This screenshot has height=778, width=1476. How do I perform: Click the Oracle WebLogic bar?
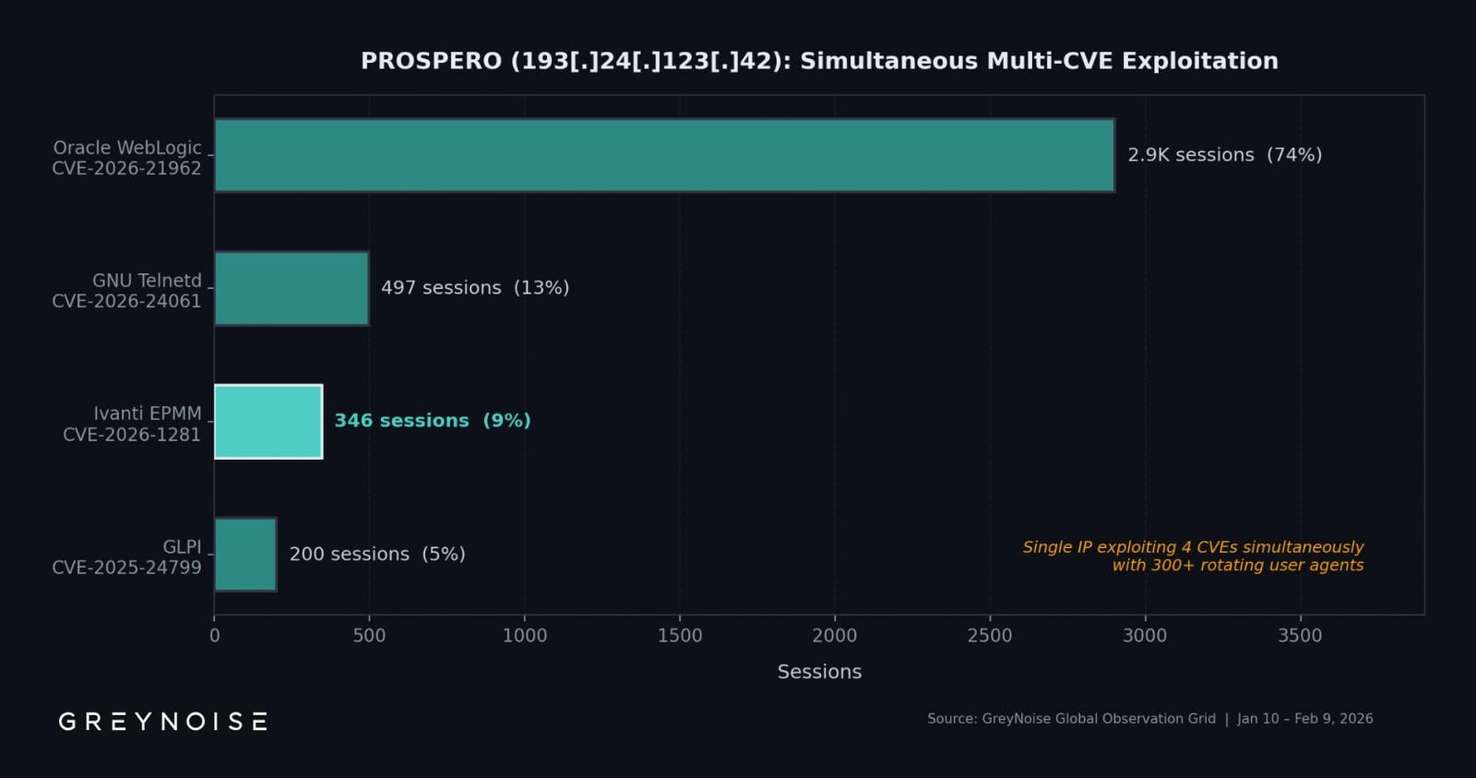(664, 155)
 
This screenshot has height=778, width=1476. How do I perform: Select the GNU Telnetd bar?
(292, 288)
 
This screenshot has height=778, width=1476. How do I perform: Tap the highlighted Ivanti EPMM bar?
(268, 421)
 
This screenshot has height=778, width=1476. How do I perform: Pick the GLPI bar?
(245, 554)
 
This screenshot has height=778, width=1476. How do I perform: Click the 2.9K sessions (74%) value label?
(1224, 155)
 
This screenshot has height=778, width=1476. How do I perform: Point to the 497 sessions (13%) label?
(475, 288)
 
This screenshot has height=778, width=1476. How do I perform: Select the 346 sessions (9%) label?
(432, 421)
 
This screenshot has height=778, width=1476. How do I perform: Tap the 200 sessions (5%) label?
(376, 554)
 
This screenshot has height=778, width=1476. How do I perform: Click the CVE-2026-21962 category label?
(126, 168)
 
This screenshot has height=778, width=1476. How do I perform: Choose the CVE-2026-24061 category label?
(126, 301)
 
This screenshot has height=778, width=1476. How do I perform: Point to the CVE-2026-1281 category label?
(132, 434)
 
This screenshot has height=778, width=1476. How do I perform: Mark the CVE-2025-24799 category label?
(126, 567)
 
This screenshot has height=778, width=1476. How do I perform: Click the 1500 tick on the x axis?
(680, 635)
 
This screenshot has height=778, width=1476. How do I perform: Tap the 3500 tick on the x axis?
(1300, 635)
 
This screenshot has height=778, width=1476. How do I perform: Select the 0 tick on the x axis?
(215, 635)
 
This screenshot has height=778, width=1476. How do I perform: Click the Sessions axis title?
(819, 672)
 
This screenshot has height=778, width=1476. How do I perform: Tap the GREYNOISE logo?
(163, 721)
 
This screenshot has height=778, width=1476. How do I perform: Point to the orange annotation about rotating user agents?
(1193, 556)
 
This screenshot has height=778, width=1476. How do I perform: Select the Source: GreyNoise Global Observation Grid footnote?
(1071, 718)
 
